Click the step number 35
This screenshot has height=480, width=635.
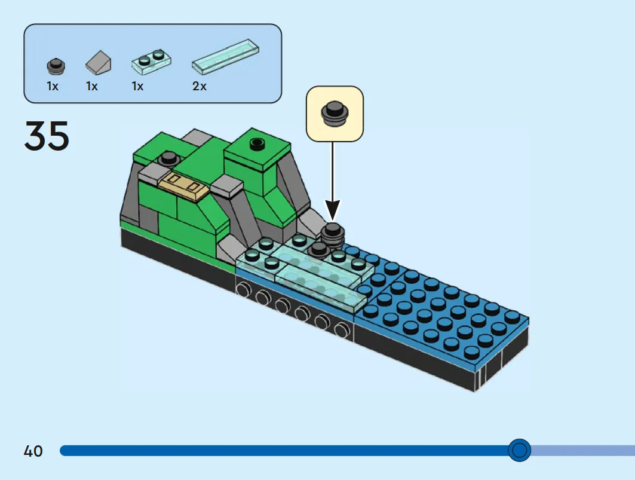click(47, 136)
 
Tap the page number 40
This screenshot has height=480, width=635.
click(33, 451)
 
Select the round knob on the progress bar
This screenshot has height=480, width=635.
click(519, 450)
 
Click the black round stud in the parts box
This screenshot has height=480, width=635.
click(56, 66)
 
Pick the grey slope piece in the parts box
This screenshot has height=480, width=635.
click(98, 63)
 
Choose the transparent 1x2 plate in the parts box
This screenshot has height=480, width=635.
click(152, 62)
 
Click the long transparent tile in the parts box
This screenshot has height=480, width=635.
click(225, 57)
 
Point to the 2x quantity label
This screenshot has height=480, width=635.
click(200, 86)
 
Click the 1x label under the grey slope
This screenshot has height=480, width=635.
click(92, 86)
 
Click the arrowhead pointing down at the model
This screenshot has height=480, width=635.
click(333, 210)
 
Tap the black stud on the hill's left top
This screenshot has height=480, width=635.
click(169, 158)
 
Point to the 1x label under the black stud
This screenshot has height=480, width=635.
click(53, 86)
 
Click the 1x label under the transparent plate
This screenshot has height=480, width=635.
click(137, 86)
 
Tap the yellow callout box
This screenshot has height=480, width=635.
click(335, 114)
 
